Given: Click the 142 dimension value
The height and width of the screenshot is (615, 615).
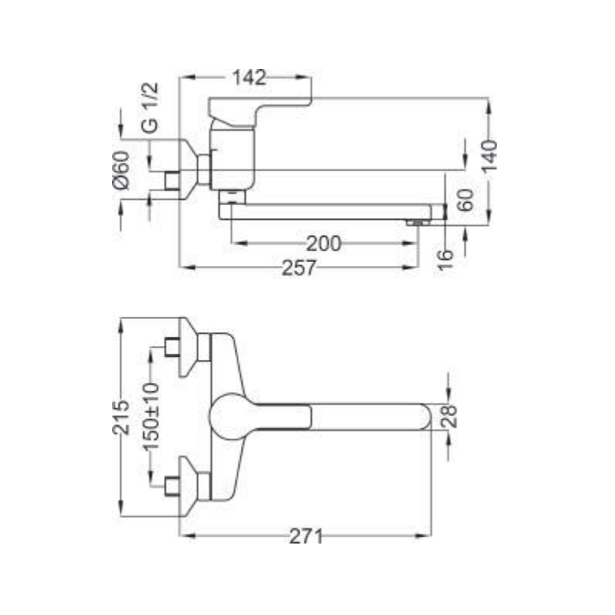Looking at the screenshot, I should pos(248,77).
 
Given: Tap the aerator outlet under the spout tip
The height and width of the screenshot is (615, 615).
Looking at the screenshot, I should pos(415,222).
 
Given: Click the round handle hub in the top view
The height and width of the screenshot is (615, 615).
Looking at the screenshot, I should pos(228,416).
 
